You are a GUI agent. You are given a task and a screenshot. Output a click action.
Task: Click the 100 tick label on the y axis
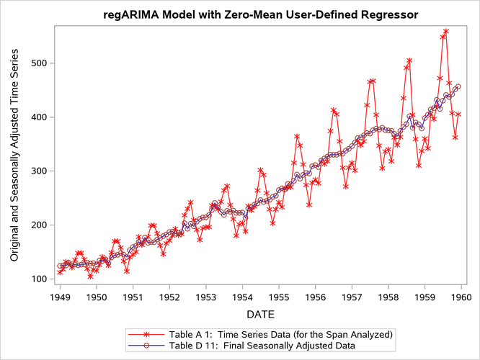click(40, 279)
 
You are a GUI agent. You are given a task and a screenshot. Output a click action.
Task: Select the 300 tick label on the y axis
click(40, 171)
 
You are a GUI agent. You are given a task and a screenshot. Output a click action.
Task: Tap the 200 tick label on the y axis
click(40, 225)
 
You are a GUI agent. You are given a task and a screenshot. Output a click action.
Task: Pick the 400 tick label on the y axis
click(40, 117)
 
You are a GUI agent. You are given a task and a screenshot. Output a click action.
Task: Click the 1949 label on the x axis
click(60, 296)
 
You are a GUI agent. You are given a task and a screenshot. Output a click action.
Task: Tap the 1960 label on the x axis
click(461, 296)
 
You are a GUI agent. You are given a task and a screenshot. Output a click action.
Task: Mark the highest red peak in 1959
click(446, 32)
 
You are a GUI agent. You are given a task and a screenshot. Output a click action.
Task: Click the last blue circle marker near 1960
click(458, 86)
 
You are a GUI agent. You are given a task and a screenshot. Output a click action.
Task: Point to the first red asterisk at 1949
click(60, 272)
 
